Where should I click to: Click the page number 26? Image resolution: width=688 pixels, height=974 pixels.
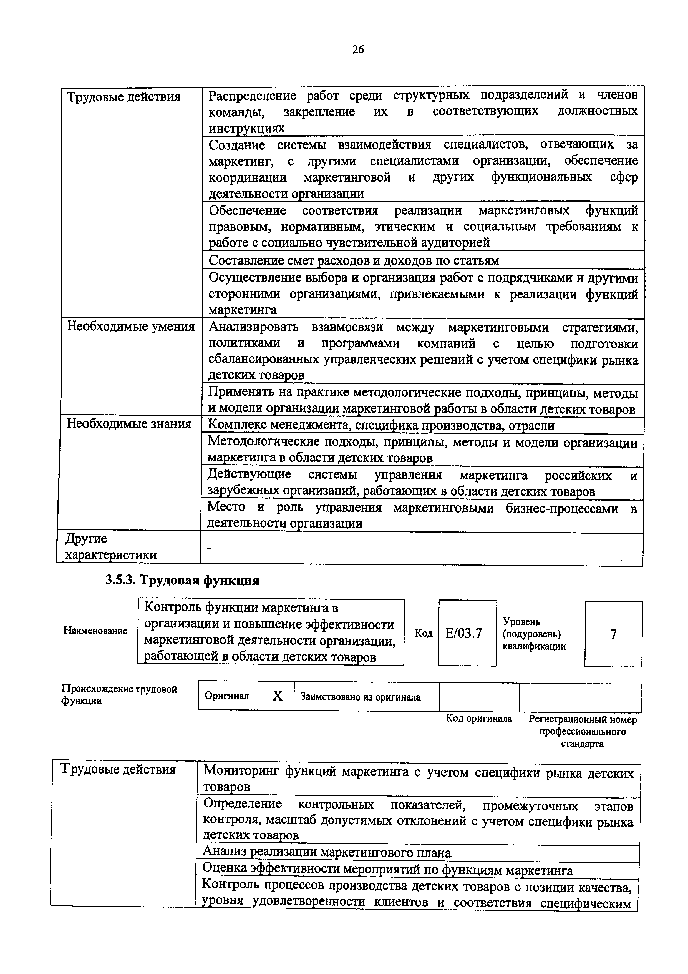coord(358,50)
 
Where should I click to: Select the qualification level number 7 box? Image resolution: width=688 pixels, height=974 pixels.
coord(613,634)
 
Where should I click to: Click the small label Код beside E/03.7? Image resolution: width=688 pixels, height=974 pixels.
coord(424,633)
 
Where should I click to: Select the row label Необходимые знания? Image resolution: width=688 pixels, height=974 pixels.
coord(129,424)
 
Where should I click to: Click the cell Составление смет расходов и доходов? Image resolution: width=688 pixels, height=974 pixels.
coord(354,260)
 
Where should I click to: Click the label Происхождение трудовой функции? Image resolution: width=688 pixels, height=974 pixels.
coord(119,694)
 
